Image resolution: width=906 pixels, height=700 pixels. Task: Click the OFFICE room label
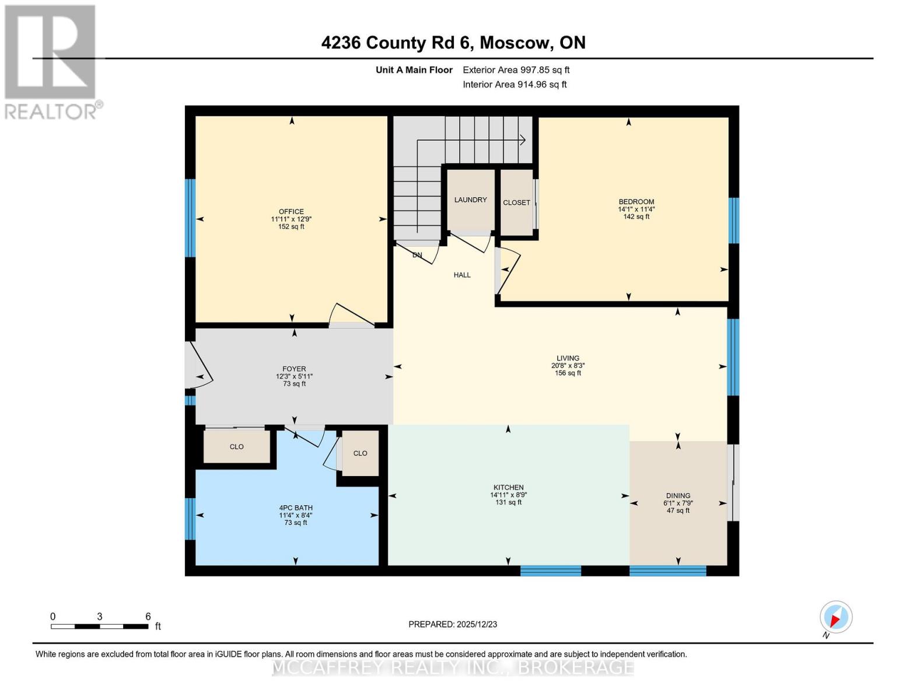coord(291,212)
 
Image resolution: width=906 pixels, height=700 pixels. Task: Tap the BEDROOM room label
coord(636,202)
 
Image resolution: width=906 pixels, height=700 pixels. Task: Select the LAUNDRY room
coord(470,200)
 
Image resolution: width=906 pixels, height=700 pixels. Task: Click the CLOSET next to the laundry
coord(516,203)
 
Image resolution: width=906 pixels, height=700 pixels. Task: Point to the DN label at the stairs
coord(417,256)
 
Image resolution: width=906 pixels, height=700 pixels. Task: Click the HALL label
coord(462,275)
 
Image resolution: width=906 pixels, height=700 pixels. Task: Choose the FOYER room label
coord(294,369)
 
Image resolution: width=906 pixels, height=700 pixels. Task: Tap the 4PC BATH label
coord(296,508)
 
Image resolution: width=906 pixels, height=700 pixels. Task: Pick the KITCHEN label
coord(508,488)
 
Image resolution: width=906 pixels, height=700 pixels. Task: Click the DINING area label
coord(678,496)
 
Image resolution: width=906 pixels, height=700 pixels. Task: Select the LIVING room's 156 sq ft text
coord(568,373)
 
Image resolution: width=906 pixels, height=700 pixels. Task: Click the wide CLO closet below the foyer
coord(236,447)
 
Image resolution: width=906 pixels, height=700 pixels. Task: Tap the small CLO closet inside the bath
coord(360,453)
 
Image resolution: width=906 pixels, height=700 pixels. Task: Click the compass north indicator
coord(836,617)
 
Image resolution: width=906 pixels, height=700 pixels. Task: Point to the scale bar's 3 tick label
coord(100,617)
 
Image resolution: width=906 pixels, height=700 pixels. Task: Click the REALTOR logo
coord(51,61)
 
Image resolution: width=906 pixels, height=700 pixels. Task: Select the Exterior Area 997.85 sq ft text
coord(516,70)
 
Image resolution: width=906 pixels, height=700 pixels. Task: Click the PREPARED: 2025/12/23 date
coord(453,624)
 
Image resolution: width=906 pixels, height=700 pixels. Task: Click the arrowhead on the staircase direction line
coord(523,140)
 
